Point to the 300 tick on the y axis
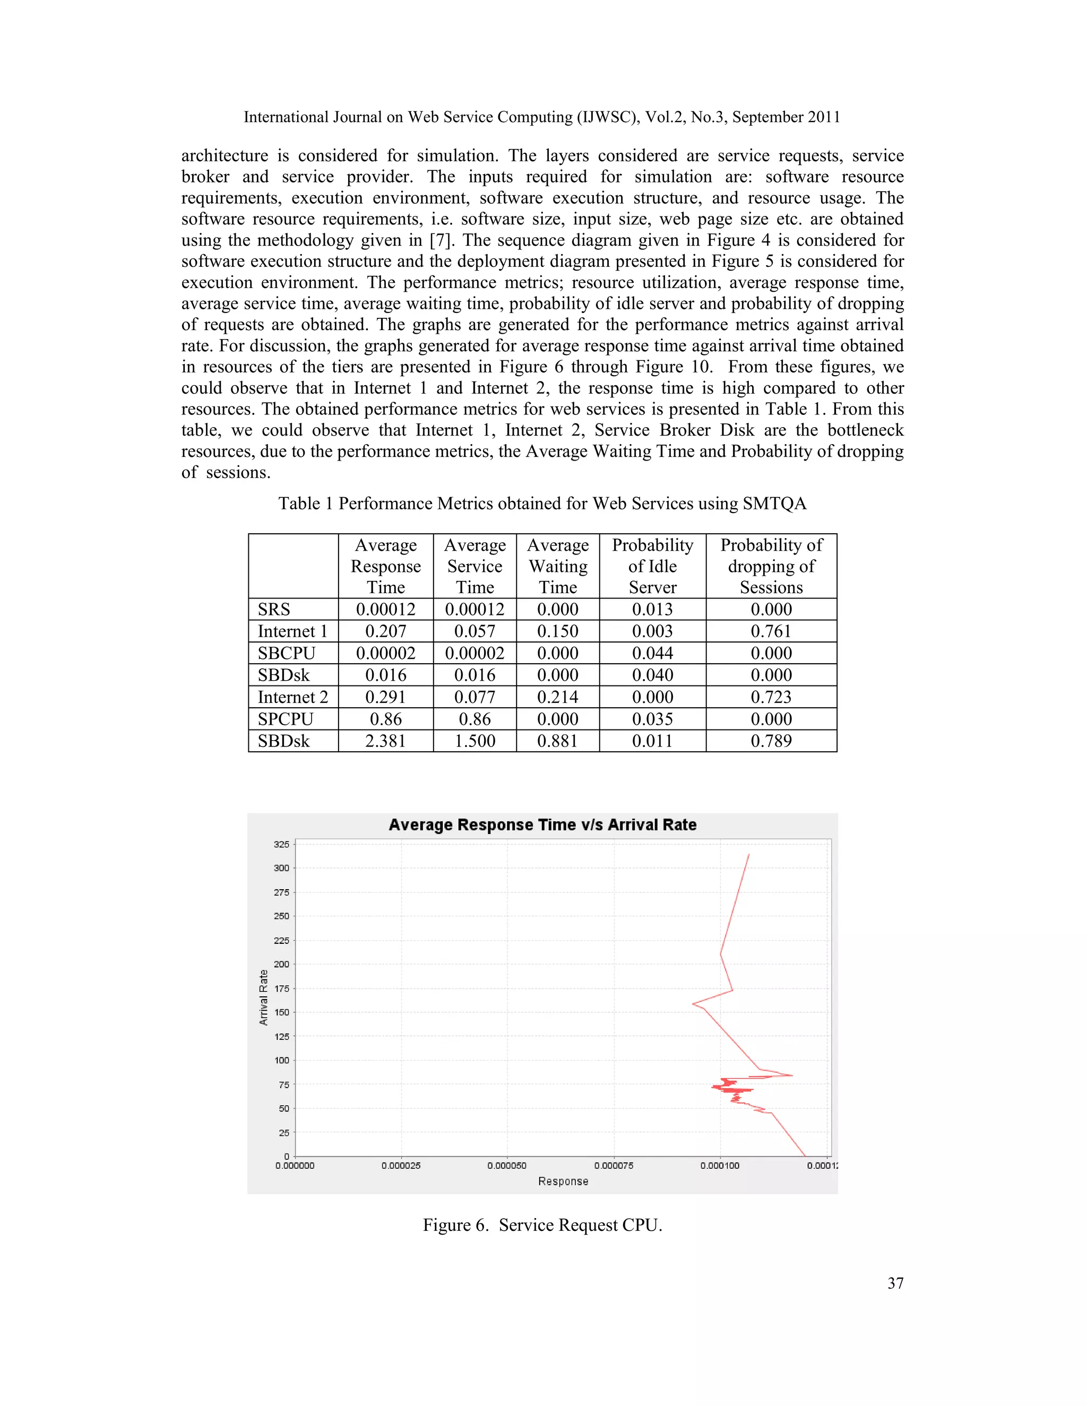click(x=281, y=868)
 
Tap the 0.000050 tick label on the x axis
click(x=507, y=1165)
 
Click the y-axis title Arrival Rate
click(x=263, y=997)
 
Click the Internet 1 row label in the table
click(x=292, y=631)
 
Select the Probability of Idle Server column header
click(x=652, y=566)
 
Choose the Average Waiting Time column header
click(x=558, y=566)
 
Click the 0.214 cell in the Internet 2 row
click(x=558, y=697)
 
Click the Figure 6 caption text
click(x=542, y=1225)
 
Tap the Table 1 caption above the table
click(x=542, y=504)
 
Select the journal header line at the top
click(x=542, y=117)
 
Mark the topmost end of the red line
click(x=748, y=854)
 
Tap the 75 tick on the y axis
click(x=283, y=1085)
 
